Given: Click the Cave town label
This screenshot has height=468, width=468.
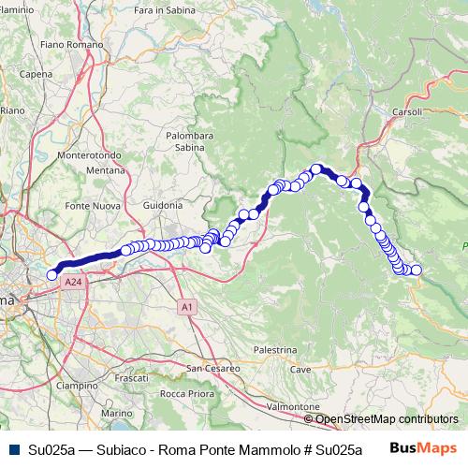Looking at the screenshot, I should (300, 370).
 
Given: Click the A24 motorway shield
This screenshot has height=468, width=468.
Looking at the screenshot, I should (72, 281).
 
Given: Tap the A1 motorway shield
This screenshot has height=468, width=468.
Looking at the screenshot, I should (187, 306).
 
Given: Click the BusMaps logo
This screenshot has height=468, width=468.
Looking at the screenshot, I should (422, 448).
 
